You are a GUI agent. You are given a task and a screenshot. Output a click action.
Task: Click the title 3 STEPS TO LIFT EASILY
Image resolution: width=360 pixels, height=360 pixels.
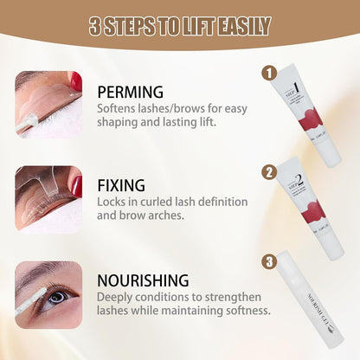tap(180, 26)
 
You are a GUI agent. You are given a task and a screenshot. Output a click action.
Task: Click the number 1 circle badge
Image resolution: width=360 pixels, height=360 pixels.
tap(268, 74)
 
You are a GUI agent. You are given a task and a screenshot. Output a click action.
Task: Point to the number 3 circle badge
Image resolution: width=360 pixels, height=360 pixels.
tap(269, 260)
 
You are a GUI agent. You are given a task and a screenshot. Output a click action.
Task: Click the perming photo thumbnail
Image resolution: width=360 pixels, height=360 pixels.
tap(49, 104)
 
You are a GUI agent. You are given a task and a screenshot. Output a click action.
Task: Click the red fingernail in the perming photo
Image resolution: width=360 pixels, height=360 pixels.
tap(75, 81)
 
